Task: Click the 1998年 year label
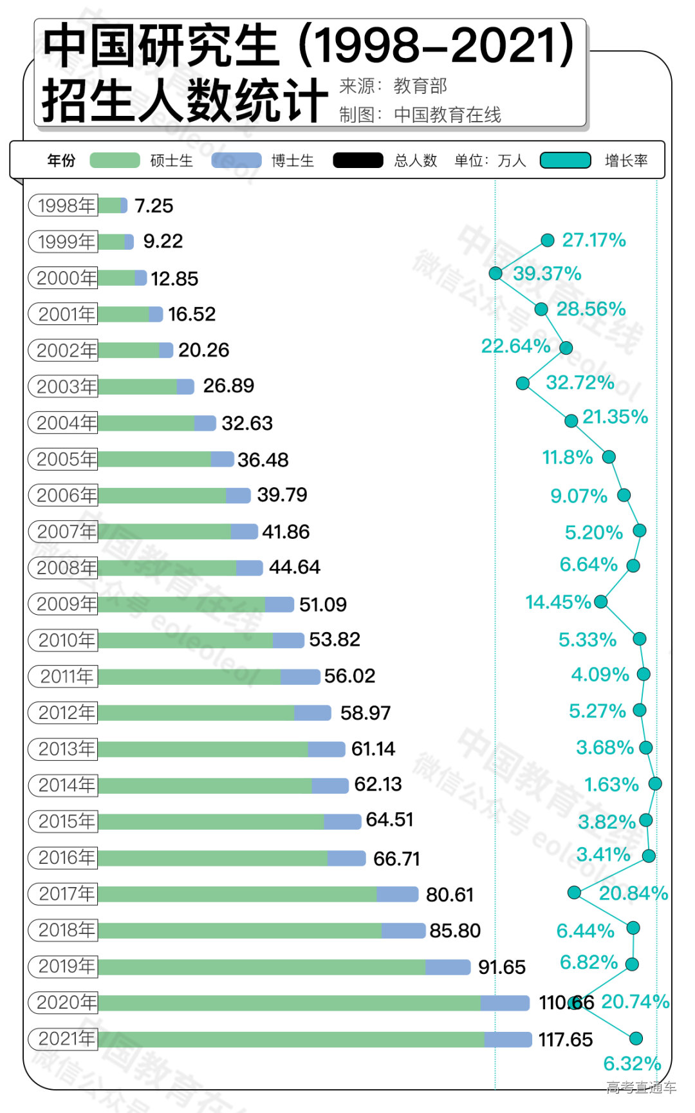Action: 63,205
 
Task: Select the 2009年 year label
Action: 63,604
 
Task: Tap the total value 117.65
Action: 565,1040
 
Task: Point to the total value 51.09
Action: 322,604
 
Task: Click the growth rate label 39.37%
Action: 547,274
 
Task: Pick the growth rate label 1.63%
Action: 611,785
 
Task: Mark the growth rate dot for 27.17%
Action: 548,240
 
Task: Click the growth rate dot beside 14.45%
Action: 600,601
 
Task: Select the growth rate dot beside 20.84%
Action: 574,892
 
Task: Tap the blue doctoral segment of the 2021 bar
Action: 508,1039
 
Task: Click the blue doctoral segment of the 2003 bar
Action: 185,386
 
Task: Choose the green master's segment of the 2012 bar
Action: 196,713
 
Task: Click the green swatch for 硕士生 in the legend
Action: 115,160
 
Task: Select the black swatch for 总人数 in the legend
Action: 358,160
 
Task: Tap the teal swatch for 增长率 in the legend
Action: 565,160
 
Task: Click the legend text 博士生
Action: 292,160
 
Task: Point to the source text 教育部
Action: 420,86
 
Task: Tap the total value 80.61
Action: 449,895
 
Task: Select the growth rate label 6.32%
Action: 631,1063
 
